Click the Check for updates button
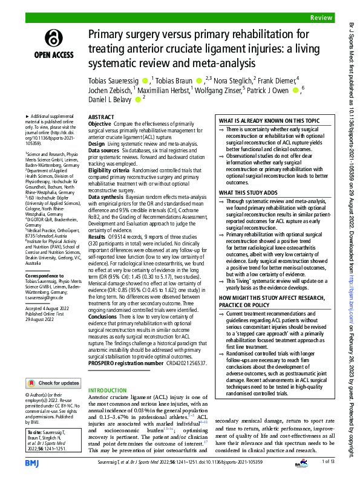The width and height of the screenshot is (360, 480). point(54,383)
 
